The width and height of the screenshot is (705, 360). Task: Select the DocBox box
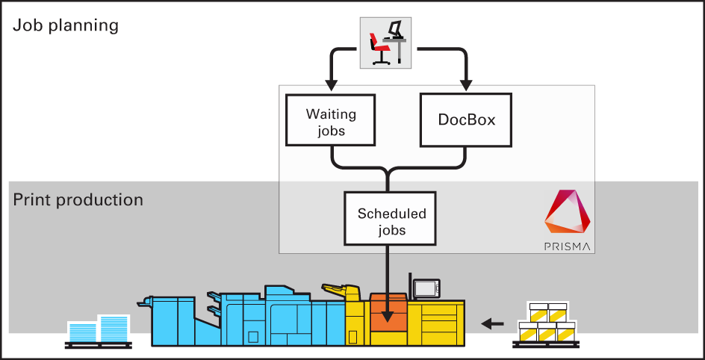click(x=467, y=120)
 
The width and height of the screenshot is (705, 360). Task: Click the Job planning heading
click(x=66, y=25)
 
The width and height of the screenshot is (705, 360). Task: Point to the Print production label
click(x=78, y=200)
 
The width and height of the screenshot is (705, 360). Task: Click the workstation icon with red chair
click(x=385, y=42)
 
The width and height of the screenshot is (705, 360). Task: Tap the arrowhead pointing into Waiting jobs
click(x=329, y=84)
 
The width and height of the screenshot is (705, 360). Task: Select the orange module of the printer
click(x=388, y=313)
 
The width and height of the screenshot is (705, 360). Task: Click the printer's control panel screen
click(x=426, y=288)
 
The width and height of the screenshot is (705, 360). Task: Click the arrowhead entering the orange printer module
click(x=388, y=318)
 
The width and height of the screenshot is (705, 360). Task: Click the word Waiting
click(x=331, y=115)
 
